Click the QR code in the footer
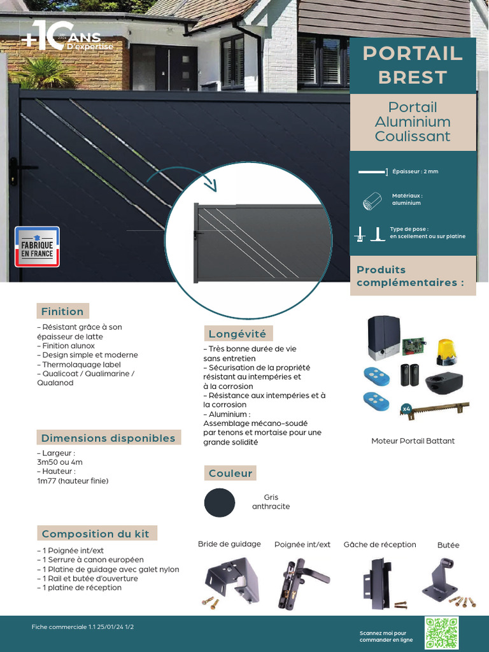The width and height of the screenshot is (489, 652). point(441,633)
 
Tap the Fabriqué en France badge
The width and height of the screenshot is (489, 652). point(37,246)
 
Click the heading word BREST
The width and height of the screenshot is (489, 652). point(413,77)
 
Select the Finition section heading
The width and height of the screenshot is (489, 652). point(62,311)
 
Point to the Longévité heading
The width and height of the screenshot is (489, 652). point(237,334)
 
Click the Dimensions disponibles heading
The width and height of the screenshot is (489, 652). point(108,438)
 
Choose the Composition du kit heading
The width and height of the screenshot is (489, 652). point(96,534)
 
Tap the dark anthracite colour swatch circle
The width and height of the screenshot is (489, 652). point(220,502)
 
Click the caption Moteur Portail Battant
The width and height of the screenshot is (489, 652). point(413,441)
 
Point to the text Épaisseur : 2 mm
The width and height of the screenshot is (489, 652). point(415,171)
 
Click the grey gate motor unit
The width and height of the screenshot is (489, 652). point(383,337)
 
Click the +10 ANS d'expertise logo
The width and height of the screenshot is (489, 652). point(66,37)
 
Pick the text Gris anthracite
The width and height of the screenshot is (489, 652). point(271,502)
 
